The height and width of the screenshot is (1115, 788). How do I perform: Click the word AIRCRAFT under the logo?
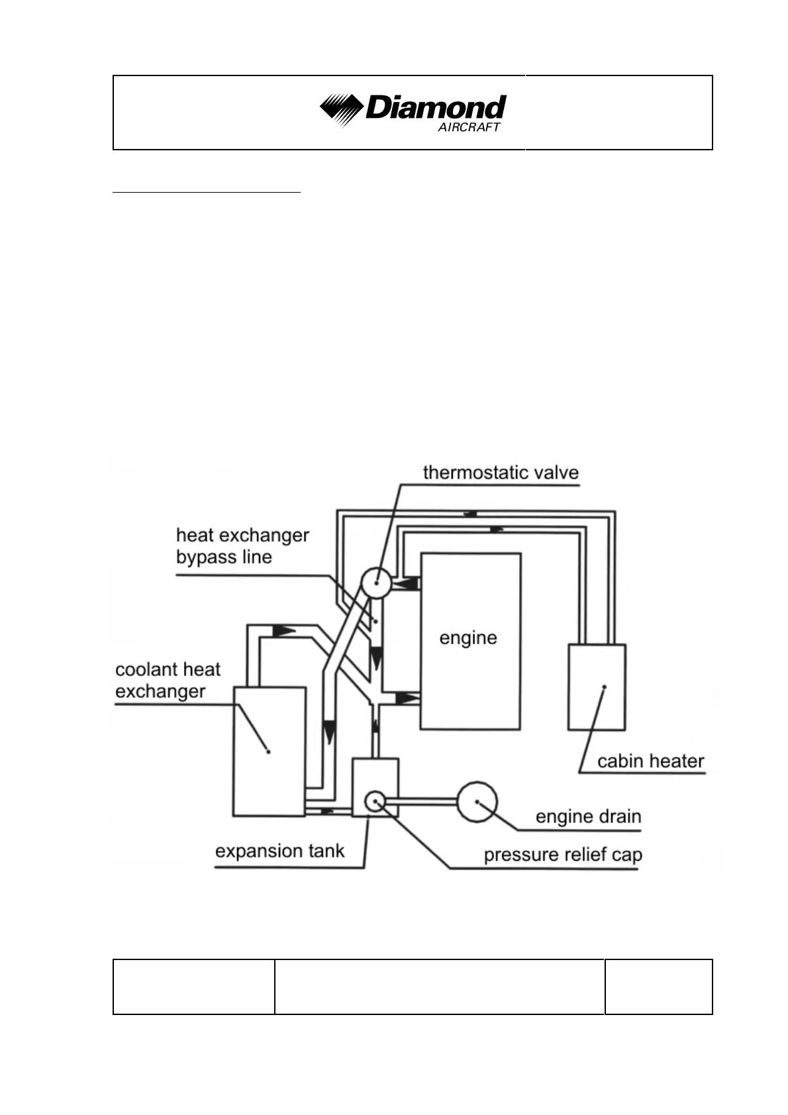pos(469,128)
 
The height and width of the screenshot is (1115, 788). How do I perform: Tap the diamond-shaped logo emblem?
pos(340,109)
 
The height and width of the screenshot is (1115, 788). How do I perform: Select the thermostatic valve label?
pos(501,473)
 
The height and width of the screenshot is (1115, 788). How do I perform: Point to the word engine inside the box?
pos(468,638)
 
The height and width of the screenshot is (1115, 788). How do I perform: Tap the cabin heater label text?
pos(650,761)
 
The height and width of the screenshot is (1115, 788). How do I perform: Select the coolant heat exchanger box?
pos(269,751)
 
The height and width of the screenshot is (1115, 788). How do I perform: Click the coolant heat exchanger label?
pos(168,680)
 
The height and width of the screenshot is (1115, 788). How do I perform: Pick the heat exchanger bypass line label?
pos(242,546)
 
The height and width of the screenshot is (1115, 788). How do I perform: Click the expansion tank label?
pos(279,851)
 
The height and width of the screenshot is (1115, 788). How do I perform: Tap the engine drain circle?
pos(477,802)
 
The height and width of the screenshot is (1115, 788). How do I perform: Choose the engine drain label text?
pos(588,816)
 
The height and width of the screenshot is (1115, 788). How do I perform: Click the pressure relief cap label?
pos(563,854)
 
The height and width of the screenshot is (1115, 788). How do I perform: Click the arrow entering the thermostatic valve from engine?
pos(409,584)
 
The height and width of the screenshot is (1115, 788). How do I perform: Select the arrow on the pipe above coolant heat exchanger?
pos(283,630)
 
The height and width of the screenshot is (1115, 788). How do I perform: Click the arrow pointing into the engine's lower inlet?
pos(407,698)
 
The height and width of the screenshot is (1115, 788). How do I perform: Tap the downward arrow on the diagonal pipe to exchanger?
pos(329,732)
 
